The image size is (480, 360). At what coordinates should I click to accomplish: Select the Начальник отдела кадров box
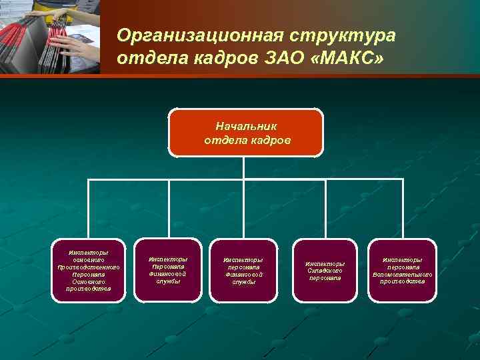click(x=246, y=133)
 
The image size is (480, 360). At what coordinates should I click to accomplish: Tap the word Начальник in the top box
click(x=246, y=125)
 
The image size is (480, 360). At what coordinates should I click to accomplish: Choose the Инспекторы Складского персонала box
click(x=325, y=271)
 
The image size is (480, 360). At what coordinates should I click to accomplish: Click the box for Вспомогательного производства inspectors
click(x=402, y=271)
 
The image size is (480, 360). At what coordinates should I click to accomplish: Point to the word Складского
click(x=325, y=271)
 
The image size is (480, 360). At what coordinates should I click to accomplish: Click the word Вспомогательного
click(x=402, y=274)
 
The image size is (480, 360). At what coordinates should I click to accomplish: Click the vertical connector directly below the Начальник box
click(x=246, y=168)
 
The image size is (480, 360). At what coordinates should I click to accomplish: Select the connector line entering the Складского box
click(x=325, y=210)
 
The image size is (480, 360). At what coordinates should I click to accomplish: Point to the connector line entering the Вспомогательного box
click(x=402, y=210)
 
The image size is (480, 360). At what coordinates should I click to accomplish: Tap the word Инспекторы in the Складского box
click(x=325, y=263)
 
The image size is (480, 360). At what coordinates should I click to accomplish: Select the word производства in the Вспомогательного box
click(x=402, y=281)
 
